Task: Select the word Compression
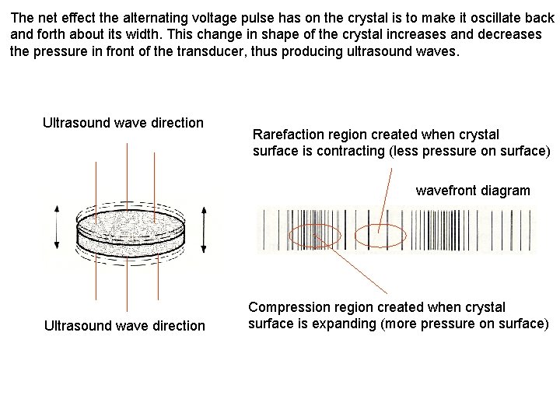[287, 306]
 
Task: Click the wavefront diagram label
[473, 190]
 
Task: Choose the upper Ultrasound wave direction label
[123, 123]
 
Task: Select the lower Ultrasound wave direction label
[124, 325]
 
